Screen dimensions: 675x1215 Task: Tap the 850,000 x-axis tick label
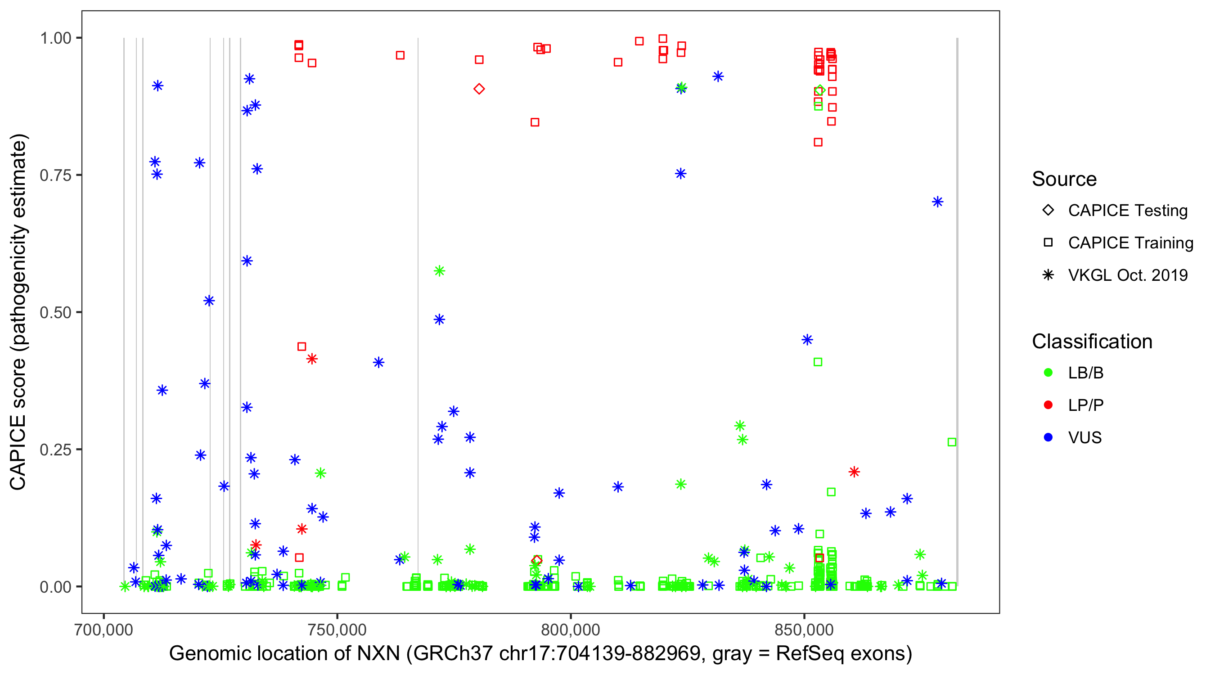804,630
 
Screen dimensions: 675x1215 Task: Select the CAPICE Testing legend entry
1127,211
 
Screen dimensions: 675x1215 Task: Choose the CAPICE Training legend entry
1130,243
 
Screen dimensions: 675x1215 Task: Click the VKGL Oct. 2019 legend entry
1127,275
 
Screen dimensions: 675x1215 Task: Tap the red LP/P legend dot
1048,405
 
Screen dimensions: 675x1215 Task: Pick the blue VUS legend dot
1048,438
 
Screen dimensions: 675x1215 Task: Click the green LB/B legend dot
1048,373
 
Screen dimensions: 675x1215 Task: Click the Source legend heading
1064,179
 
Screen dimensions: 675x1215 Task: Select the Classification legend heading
1092,342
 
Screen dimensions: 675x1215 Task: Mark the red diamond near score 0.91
479,89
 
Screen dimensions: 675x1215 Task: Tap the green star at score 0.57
439,271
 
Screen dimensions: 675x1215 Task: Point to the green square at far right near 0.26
952,442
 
